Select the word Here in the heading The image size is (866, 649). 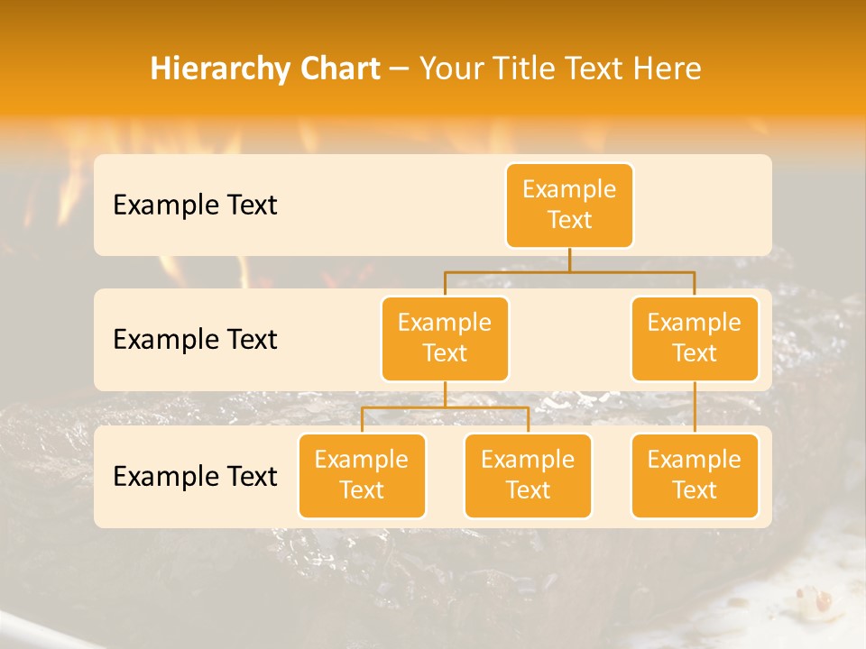pyautogui.click(x=667, y=69)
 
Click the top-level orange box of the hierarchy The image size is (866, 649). pyautogui.click(x=569, y=205)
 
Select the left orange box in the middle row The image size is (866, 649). pyautogui.click(x=445, y=338)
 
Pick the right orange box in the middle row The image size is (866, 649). pyautogui.click(x=695, y=338)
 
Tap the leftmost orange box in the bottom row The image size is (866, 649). pyautogui.click(x=362, y=475)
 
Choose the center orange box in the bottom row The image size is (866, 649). pyautogui.click(x=528, y=475)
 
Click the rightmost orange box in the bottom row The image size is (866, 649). pyautogui.click(x=695, y=475)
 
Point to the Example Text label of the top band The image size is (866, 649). pyautogui.click(x=195, y=206)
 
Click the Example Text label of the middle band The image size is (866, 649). pyautogui.click(x=195, y=340)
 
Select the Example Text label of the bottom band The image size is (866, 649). pyautogui.click(x=195, y=477)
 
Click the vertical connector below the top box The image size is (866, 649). pyautogui.click(x=569, y=260)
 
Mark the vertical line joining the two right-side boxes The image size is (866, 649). pyautogui.click(x=695, y=407)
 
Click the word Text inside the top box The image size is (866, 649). pyautogui.click(x=569, y=220)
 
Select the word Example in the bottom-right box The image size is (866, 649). pyautogui.click(x=695, y=460)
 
